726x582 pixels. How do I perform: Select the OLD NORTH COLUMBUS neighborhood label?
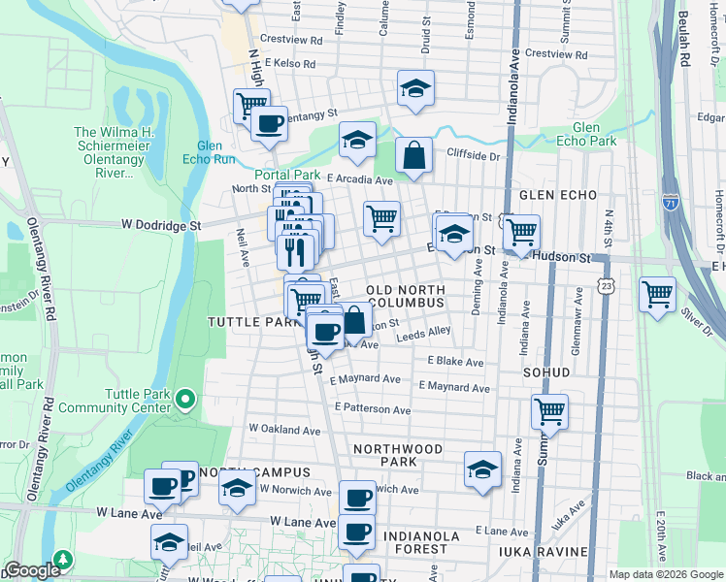[405, 297]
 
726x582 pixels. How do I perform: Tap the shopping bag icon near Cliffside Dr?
[413, 155]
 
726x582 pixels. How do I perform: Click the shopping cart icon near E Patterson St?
[549, 411]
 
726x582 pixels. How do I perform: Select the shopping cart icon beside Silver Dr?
[657, 293]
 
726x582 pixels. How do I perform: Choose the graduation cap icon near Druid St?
[415, 88]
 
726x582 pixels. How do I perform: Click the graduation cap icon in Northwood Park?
[481, 469]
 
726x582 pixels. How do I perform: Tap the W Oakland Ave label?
[284, 428]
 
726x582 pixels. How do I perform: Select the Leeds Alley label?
[424, 334]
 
